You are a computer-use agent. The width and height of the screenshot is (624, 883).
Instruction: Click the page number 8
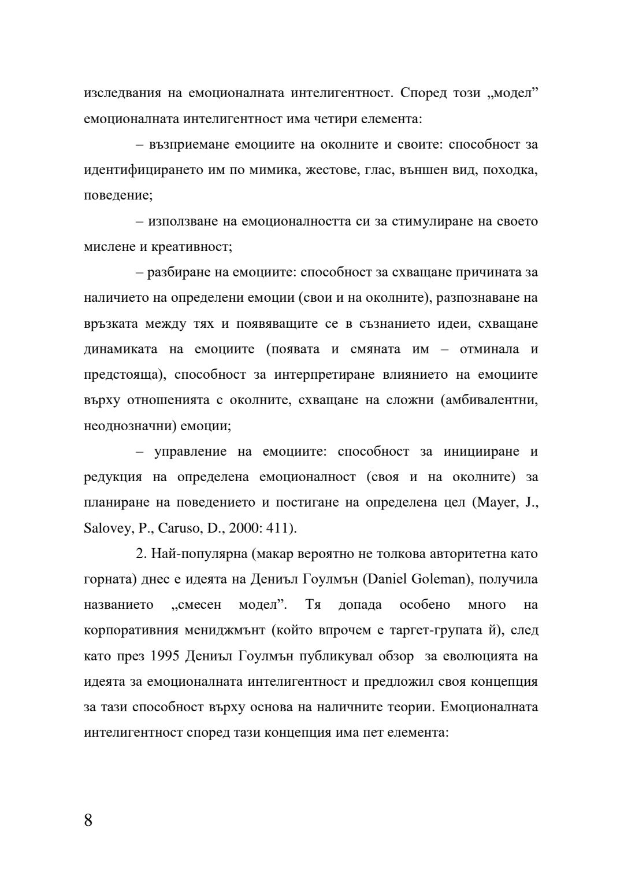click(88, 820)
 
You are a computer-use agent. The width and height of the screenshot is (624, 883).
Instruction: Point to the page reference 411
click(280, 528)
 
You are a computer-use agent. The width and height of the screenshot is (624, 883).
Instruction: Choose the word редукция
click(113, 477)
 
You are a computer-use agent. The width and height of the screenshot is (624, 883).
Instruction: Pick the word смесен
click(197, 605)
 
